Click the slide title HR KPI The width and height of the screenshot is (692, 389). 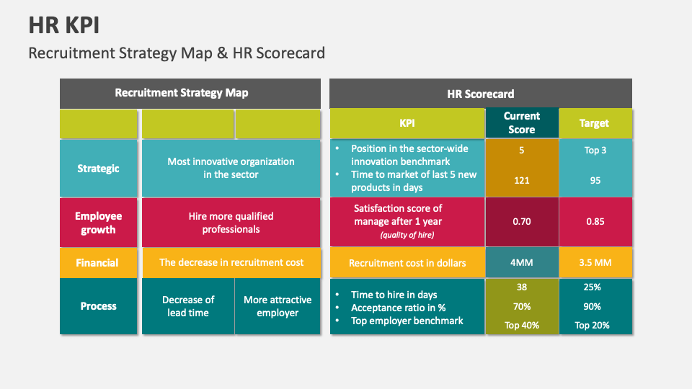click(64, 25)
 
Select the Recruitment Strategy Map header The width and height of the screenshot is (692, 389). click(182, 93)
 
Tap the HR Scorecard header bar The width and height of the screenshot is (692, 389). click(481, 94)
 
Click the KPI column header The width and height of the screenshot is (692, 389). click(407, 123)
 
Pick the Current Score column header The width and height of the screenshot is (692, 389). click(522, 123)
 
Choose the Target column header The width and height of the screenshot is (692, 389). click(595, 123)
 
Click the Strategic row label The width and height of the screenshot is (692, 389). click(98, 169)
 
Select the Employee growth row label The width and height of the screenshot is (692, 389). click(98, 223)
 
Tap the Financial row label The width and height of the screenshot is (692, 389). click(98, 263)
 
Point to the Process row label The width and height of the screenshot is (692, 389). click(98, 306)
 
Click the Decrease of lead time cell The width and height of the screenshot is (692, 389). click(188, 306)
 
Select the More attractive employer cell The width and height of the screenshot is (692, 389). click(278, 306)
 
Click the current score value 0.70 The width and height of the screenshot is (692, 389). click(522, 222)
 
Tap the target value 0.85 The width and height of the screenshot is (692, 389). click(595, 222)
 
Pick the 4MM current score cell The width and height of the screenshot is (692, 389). click(522, 263)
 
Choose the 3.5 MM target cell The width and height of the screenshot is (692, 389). click(595, 263)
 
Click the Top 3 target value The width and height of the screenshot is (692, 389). click(595, 151)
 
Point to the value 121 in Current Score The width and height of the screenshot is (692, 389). click(522, 181)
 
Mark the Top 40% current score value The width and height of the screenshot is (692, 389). click(522, 325)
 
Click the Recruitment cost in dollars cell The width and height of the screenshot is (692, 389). click(407, 263)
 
